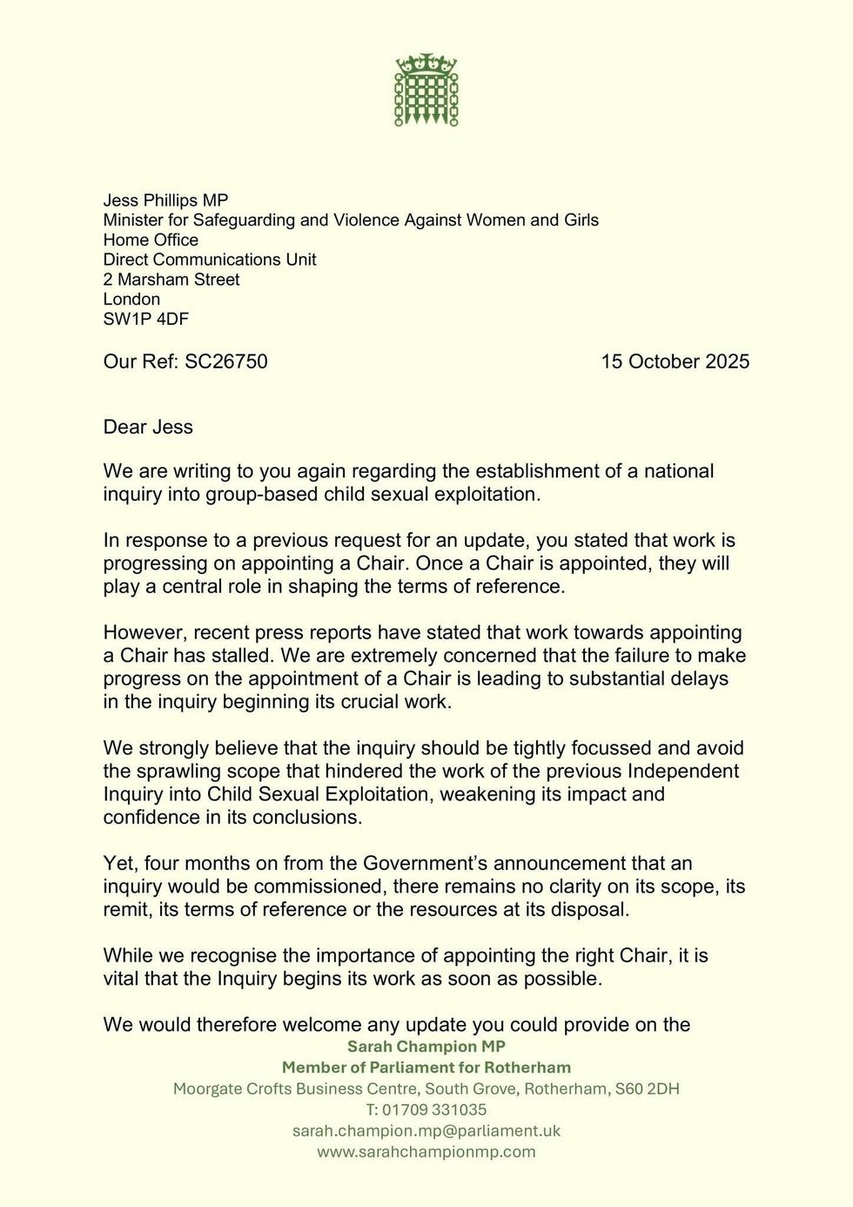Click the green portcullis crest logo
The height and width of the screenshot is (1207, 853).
coord(426,90)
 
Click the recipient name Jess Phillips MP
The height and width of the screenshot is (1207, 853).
coord(165,200)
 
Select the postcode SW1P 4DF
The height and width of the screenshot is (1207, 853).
coord(145,319)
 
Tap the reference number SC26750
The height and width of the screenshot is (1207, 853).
coord(225,361)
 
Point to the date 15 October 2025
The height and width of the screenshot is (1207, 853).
coord(675,361)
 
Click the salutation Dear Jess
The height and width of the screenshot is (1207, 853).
coord(148,427)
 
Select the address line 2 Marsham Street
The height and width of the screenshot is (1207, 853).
coord(171,280)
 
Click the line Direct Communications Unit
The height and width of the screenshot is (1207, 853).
coord(210,260)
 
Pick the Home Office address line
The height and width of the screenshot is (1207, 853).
coord(151,239)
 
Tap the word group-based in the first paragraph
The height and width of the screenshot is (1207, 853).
coord(275,494)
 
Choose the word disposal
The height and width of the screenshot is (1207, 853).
coord(588,909)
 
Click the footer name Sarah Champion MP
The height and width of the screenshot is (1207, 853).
coord(426,1046)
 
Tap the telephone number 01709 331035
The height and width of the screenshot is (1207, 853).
coord(438,1109)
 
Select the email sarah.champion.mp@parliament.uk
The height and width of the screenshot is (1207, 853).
coord(426,1130)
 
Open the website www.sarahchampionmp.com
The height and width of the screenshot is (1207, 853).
coord(426,1151)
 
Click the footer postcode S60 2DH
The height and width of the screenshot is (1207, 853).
coord(647,1089)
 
